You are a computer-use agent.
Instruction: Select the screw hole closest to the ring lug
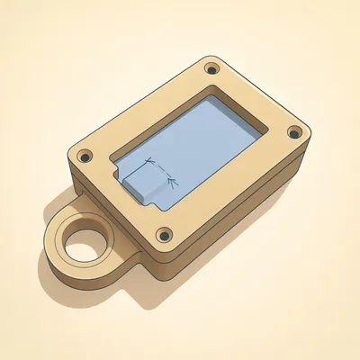click(x=85, y=156)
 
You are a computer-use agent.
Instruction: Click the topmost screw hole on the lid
click(x=211, y=68)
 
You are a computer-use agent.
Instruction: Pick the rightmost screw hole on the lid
click(x=292, y=132)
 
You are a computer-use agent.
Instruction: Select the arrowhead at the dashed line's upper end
click(x=153, y=163)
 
